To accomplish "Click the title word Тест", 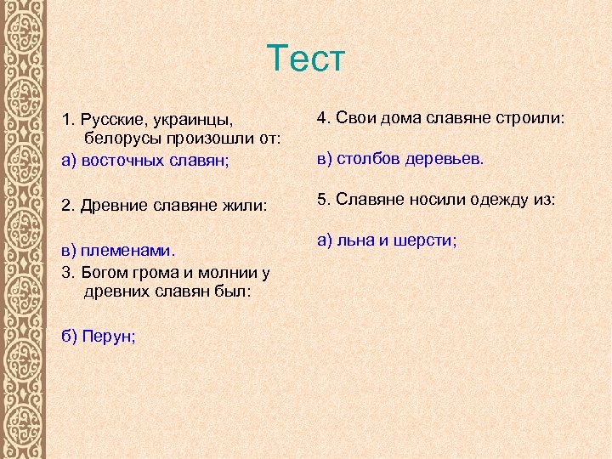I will tap(305, 59).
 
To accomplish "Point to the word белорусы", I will tap(120, 138).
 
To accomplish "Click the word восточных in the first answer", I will tap(120, 159).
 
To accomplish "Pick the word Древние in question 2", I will tap(113, 205).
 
